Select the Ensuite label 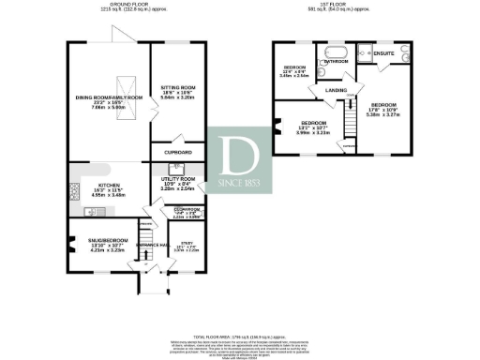point(383,54)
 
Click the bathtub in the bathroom point(336,51)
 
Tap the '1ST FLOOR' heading point(344,6)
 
